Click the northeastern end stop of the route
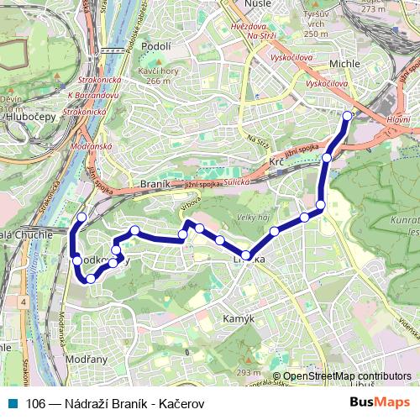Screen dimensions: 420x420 348,116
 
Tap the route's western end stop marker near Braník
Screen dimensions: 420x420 81,218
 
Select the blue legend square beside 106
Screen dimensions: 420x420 12,402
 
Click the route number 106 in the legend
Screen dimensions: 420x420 36,403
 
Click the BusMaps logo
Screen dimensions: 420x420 379,402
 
